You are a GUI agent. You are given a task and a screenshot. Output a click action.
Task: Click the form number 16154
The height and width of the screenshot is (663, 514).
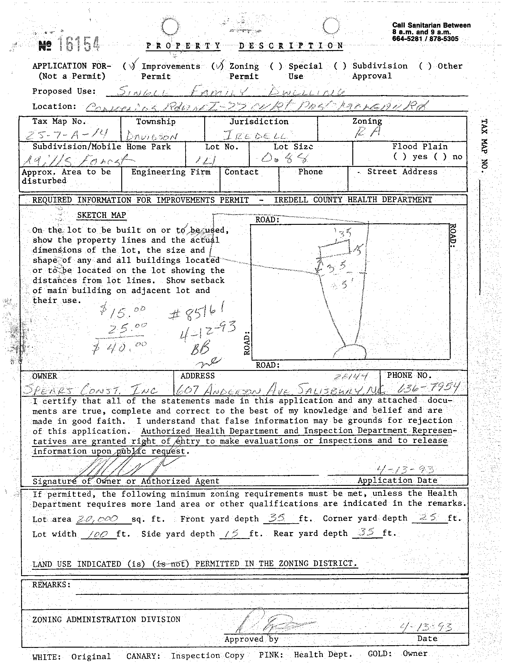tap(78, 44)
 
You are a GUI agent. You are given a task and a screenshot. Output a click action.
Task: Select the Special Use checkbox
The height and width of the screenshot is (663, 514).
tap(276, 66)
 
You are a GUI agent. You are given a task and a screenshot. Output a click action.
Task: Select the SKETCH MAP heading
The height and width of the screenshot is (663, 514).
tap(101, 215)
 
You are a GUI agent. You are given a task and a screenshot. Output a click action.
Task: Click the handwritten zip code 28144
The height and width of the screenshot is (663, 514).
tap(351, 377)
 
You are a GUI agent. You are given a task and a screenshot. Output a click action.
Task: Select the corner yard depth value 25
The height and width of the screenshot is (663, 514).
tap(428, 518)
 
